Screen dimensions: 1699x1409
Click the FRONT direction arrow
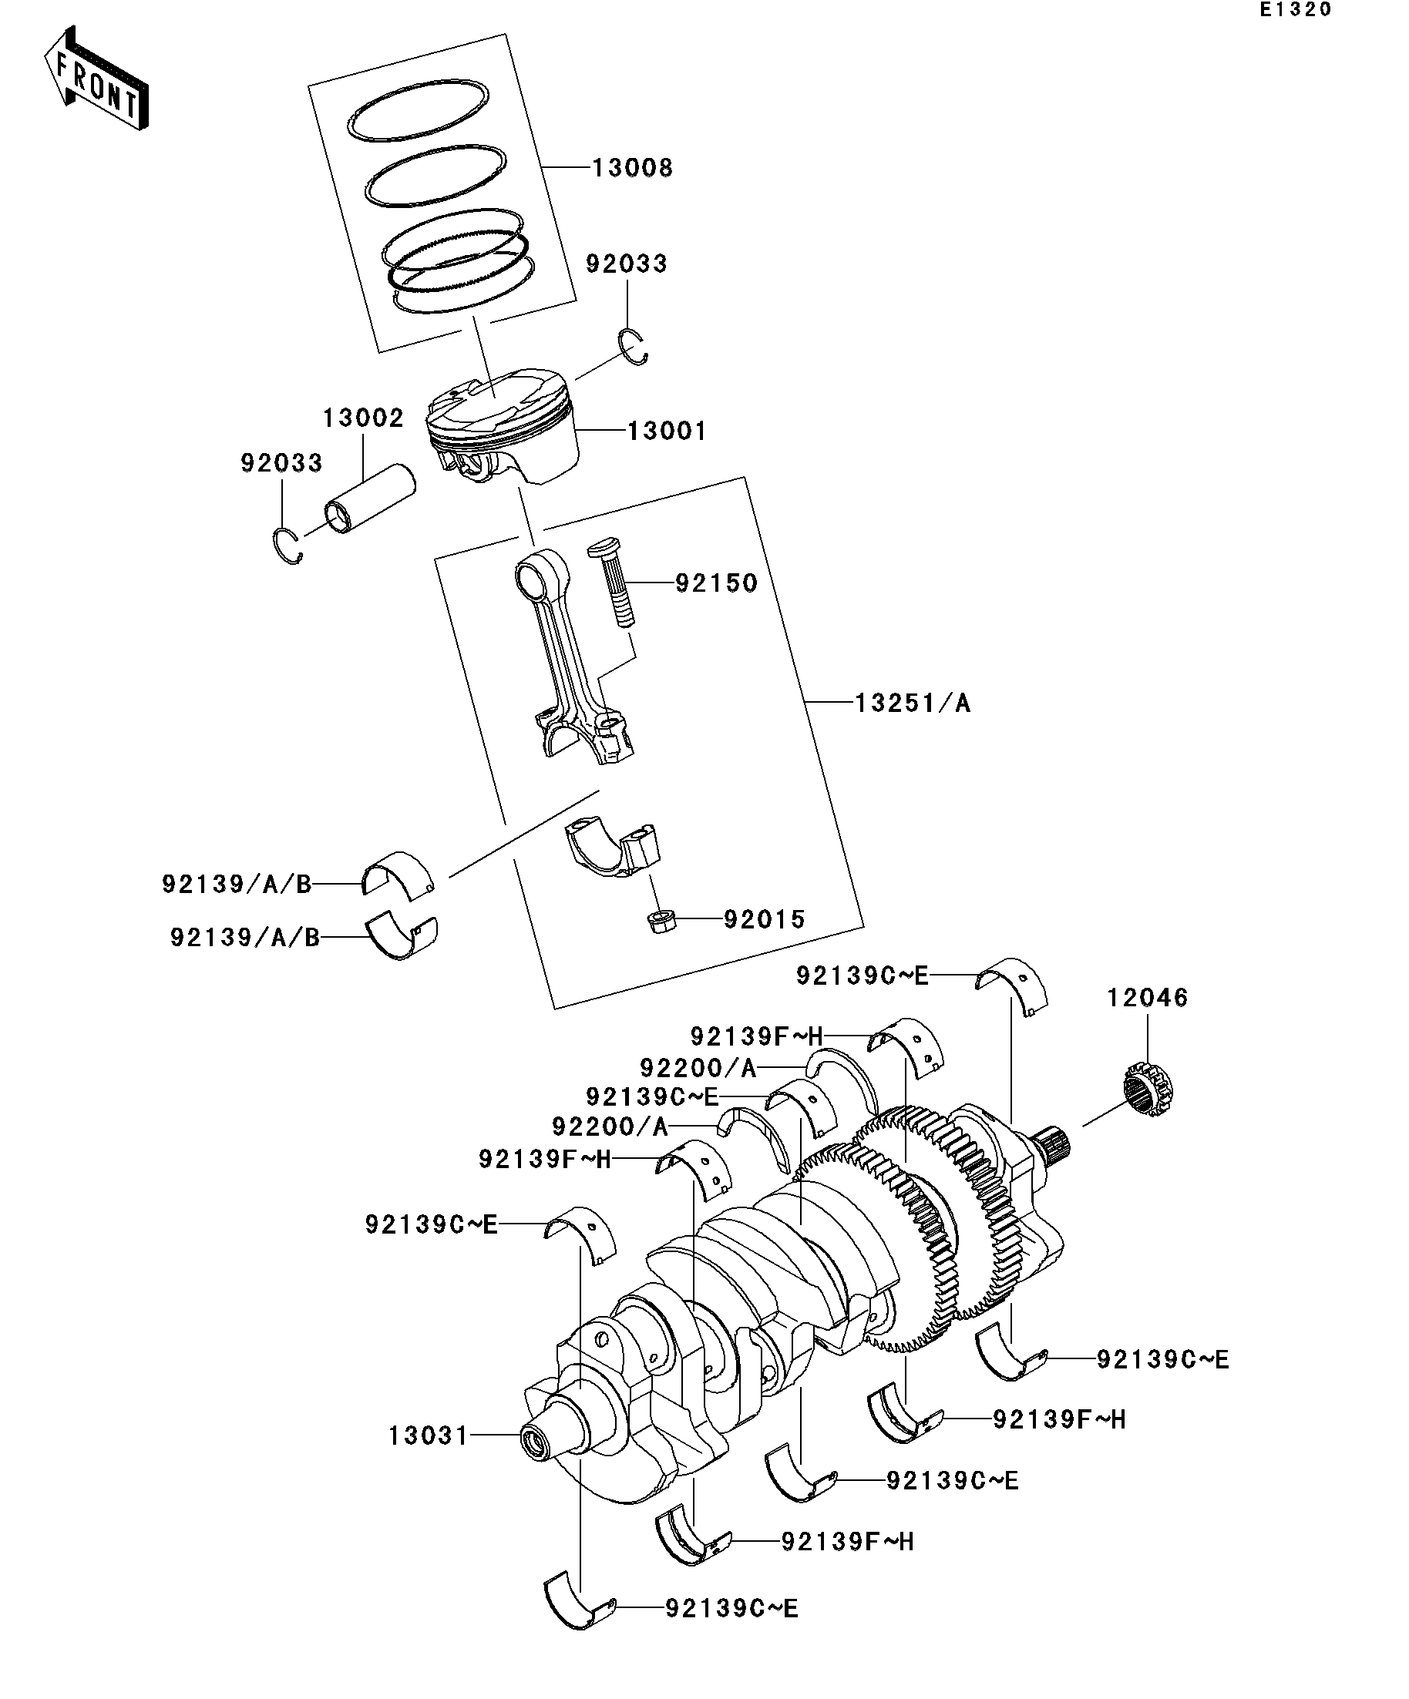coord(96,79)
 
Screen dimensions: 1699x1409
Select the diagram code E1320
coord(1294,10)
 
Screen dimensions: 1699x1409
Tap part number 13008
coord(632,168)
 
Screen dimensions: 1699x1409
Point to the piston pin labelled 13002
coord(369,500)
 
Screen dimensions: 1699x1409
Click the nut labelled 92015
coord(661,921)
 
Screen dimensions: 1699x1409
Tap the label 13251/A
coord(912,703)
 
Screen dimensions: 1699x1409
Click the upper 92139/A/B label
coord(237,885)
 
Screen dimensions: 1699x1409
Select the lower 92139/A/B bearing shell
coord(402,937)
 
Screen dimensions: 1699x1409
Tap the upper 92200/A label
coord(698,1069)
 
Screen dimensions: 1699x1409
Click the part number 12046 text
coord(1148,998)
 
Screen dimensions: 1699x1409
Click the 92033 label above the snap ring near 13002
coord(281,463)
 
